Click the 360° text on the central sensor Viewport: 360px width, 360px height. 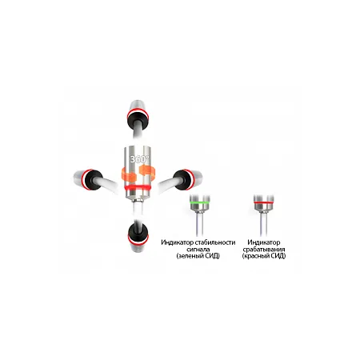click(x=138, y=159)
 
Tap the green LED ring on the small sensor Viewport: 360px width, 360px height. click(x=200, y=203)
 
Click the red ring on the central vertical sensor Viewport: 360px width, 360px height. click(x=137, y=188)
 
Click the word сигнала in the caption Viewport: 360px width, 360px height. click(x=198, y=250)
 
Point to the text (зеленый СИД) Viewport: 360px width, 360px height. click(x=198, y=256)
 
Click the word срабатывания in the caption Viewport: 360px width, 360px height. click(x=264, y=250)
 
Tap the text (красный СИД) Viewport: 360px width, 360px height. click(x=264, y=256)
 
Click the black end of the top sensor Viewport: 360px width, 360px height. click(x=138, y=118)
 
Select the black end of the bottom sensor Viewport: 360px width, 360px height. click(x=138, y=232)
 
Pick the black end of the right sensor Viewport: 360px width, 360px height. click(x=183, y=180)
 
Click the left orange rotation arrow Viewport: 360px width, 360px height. click(x=129, y=174)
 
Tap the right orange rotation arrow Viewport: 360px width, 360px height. click(x=147, y=172)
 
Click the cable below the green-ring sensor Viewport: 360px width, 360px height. click(x=199, y=225)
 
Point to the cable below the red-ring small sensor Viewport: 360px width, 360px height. click(x=263, y=224)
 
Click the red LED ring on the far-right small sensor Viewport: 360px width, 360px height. click(x=263, y=203)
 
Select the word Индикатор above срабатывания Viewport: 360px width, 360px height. click(x=264, y=242)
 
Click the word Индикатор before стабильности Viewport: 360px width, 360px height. click(x=178, y=242)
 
